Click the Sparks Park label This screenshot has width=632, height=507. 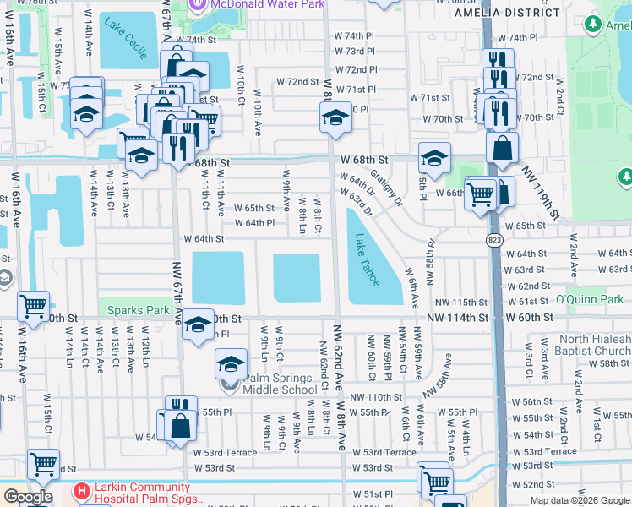[139, 309]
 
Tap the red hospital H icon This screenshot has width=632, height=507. [81, 490]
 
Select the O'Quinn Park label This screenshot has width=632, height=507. [593, 300]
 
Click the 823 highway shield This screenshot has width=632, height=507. [493, 241]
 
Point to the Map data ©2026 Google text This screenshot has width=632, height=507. [579, 500]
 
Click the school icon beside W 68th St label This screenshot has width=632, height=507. [433, 158]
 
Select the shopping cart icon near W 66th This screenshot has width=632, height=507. [480, 194]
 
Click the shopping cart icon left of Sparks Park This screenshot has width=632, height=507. [34, 306]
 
